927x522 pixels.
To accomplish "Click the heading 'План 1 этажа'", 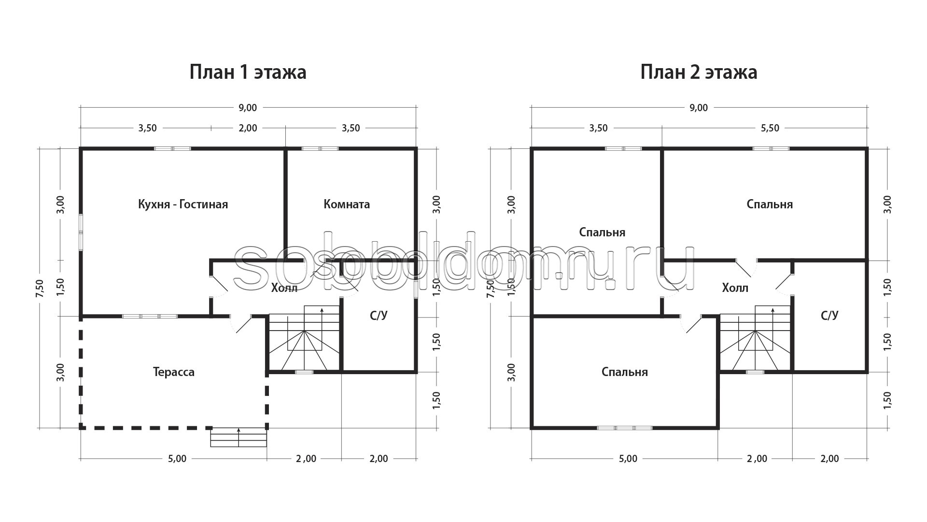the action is click(x=248, y=72).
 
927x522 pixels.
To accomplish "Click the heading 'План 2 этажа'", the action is click(x=699, y=72).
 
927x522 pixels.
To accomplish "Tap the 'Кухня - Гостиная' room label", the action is click(x=183, y=204).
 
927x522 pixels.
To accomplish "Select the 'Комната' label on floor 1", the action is click(x=347, y=204).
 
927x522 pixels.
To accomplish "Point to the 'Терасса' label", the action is click(x=174, y=372).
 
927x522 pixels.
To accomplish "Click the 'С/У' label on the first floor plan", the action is click(x=379, y=316).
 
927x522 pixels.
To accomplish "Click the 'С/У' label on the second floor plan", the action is click(x=829, y=316).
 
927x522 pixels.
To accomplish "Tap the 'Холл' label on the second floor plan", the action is click(x=735, y=288).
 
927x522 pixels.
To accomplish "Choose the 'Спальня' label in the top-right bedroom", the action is click(x=770, y=204).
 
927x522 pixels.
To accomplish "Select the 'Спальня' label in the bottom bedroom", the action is click(x=625, y=372).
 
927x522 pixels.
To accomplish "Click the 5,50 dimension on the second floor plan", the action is click(x=770, y=128).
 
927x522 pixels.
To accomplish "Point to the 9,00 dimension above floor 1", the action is click(x=248, y=107).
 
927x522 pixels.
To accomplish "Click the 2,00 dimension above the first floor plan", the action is click(x=248, y=128).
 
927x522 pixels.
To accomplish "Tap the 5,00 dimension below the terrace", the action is click(x=177, y=459).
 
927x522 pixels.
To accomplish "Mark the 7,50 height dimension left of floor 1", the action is click(x=40, y=289).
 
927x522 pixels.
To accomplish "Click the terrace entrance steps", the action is click(x=239, y=437).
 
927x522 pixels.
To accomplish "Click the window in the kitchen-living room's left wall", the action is click(x=81, y=232).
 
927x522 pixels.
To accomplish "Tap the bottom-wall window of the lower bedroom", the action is click(x=624, y=428).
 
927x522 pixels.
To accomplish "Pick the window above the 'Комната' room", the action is click(x=320, y=148).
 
